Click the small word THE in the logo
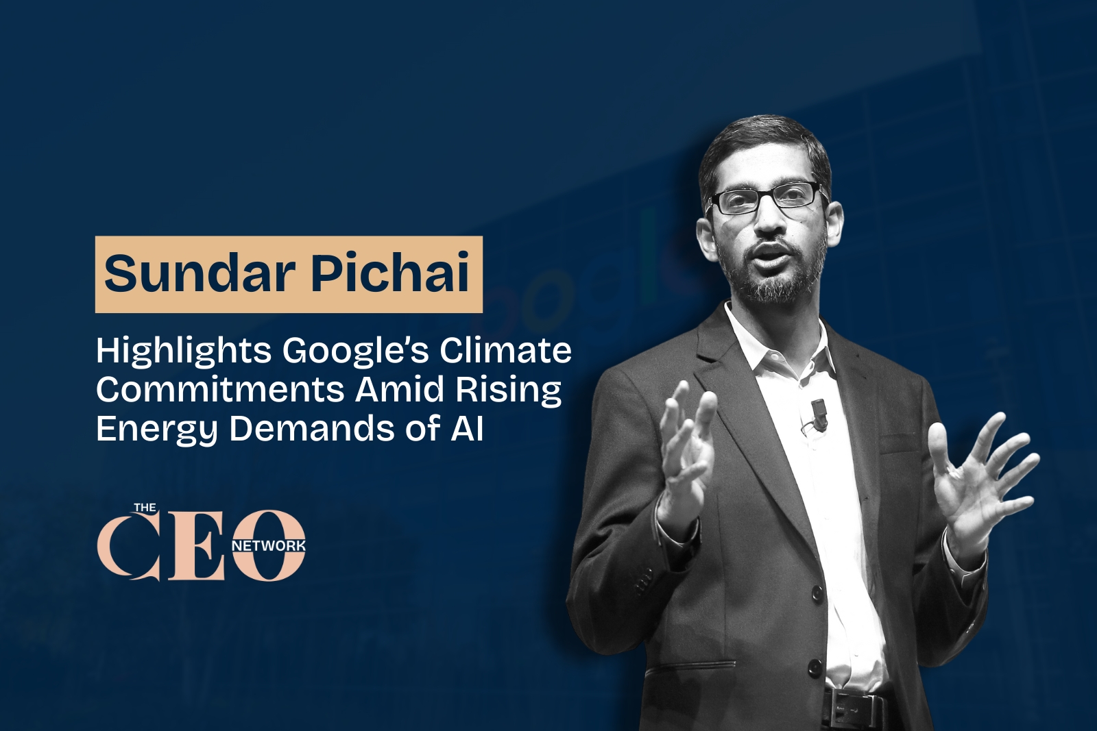pos(145,509)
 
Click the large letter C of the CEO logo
pos(128,546)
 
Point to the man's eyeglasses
pos(767,198)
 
